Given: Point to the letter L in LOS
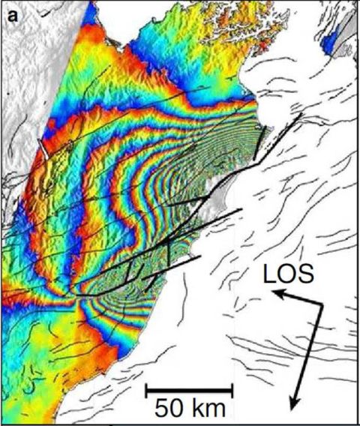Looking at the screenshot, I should (x=269, y=277).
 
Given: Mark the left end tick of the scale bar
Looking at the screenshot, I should (x=146, y=391).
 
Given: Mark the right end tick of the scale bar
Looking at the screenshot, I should (x=232, y=391).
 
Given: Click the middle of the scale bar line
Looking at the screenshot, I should (x=189, y=391).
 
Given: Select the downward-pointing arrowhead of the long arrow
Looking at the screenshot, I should (x=297, y=405).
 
